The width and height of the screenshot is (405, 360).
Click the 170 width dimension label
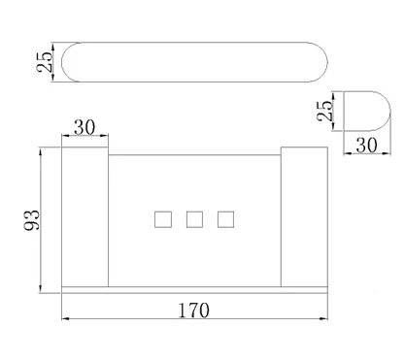click(x=194, y=310)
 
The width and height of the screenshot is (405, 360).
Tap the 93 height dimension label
click(x=32, y=220)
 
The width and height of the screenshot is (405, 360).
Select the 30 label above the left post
click(x=84, y=127)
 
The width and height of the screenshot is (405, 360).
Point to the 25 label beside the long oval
click(x=44, y=62)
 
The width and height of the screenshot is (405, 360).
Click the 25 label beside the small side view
click(x=324, y=111)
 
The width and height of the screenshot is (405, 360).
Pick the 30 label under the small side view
click(x=366, y=146)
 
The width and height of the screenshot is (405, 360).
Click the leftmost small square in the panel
click(x=163, y=219)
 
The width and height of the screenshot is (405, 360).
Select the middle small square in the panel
click(x=194, y=219)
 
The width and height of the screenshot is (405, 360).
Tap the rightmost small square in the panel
click(x=225, y=219)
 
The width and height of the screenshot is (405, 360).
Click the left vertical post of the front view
click(x=84, y=216)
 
